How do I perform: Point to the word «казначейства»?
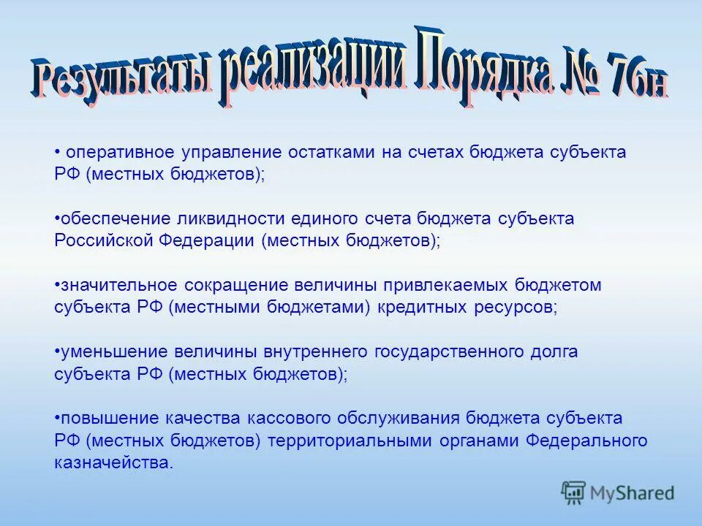(113, 462)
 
